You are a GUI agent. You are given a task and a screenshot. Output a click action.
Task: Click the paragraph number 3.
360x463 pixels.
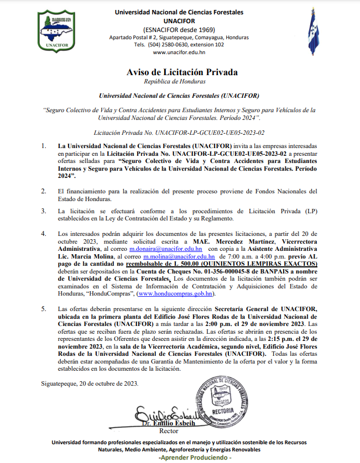tap(44, 211)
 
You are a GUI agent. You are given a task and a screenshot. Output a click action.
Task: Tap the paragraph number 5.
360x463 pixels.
tap(44, 308)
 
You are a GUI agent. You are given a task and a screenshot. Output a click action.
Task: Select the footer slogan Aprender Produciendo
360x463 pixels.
tap(195, 458)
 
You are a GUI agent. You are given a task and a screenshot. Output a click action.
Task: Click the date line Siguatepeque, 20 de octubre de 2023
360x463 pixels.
tap(90, 383)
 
